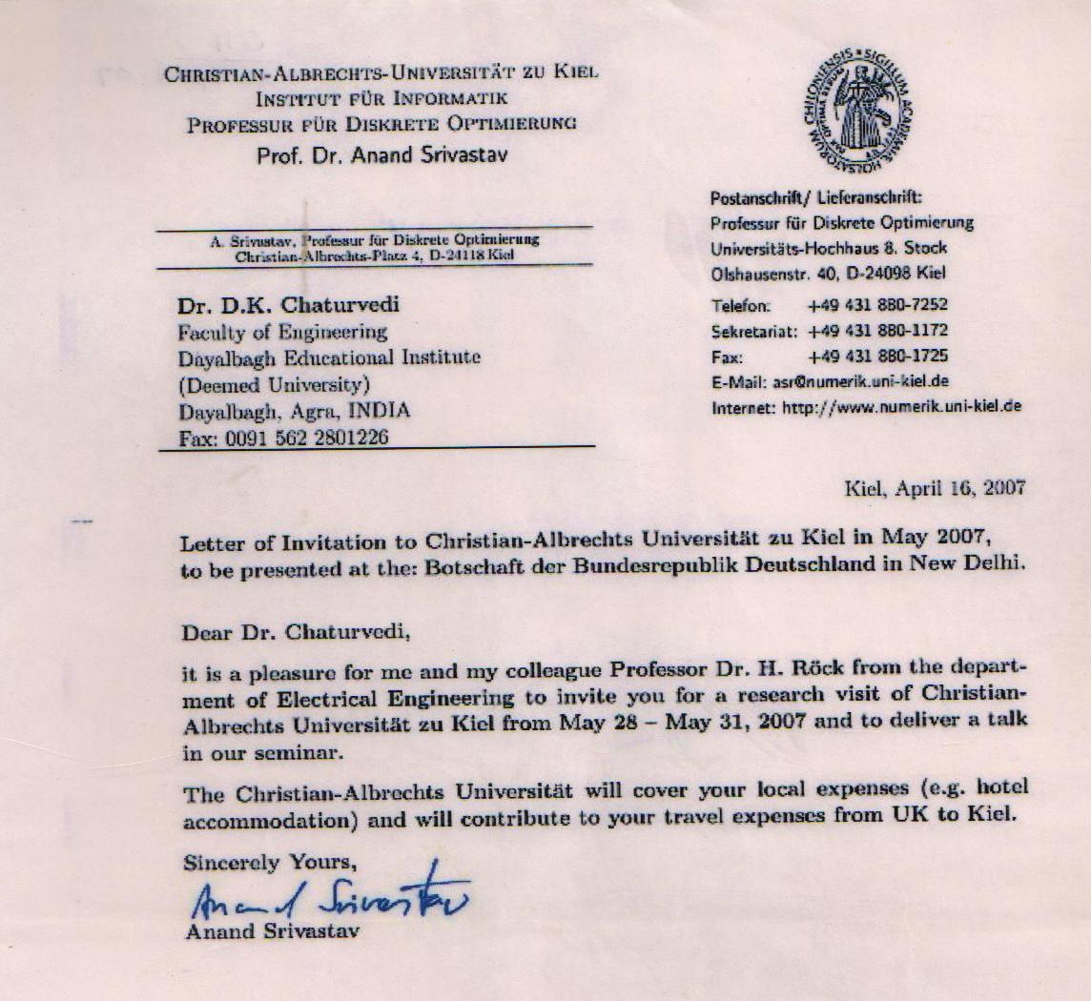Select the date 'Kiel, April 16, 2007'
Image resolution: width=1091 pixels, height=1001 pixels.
(935, 488)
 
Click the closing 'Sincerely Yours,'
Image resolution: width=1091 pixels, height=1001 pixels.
(270, 863)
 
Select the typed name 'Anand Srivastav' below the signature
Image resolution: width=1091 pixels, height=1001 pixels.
(272, 932)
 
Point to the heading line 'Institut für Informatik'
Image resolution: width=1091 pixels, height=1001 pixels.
(381, 98)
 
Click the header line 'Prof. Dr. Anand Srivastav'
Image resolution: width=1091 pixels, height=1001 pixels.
(382, 155)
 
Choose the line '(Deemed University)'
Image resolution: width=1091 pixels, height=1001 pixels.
(274, 385)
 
